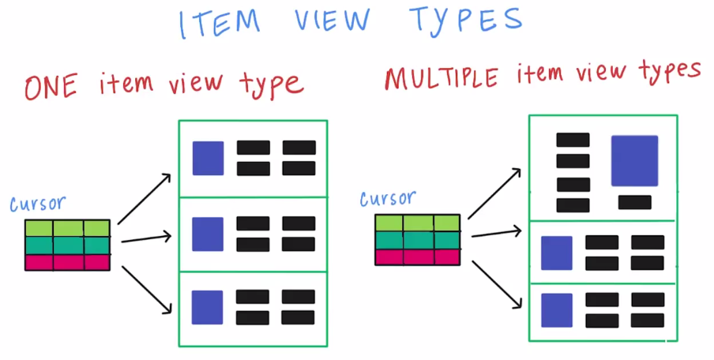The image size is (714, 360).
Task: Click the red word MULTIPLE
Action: [442, 78]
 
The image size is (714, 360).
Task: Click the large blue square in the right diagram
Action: [634, 160]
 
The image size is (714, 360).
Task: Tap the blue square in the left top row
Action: [209, 158]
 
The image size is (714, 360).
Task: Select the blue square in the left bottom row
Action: [208, 307]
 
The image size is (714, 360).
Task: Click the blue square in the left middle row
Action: [209, 234]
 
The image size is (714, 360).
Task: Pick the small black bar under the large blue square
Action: [634, 202]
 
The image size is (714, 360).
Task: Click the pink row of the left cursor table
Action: [67, 262]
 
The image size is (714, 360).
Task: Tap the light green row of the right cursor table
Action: [417, 223]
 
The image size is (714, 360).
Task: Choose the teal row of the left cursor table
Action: [67, 246]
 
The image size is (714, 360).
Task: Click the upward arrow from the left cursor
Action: [145, 198]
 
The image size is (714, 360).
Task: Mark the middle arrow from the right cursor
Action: [495, 233]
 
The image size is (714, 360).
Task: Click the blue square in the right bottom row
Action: [556, 309]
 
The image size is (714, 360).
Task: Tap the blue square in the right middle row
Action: [556, 253]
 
